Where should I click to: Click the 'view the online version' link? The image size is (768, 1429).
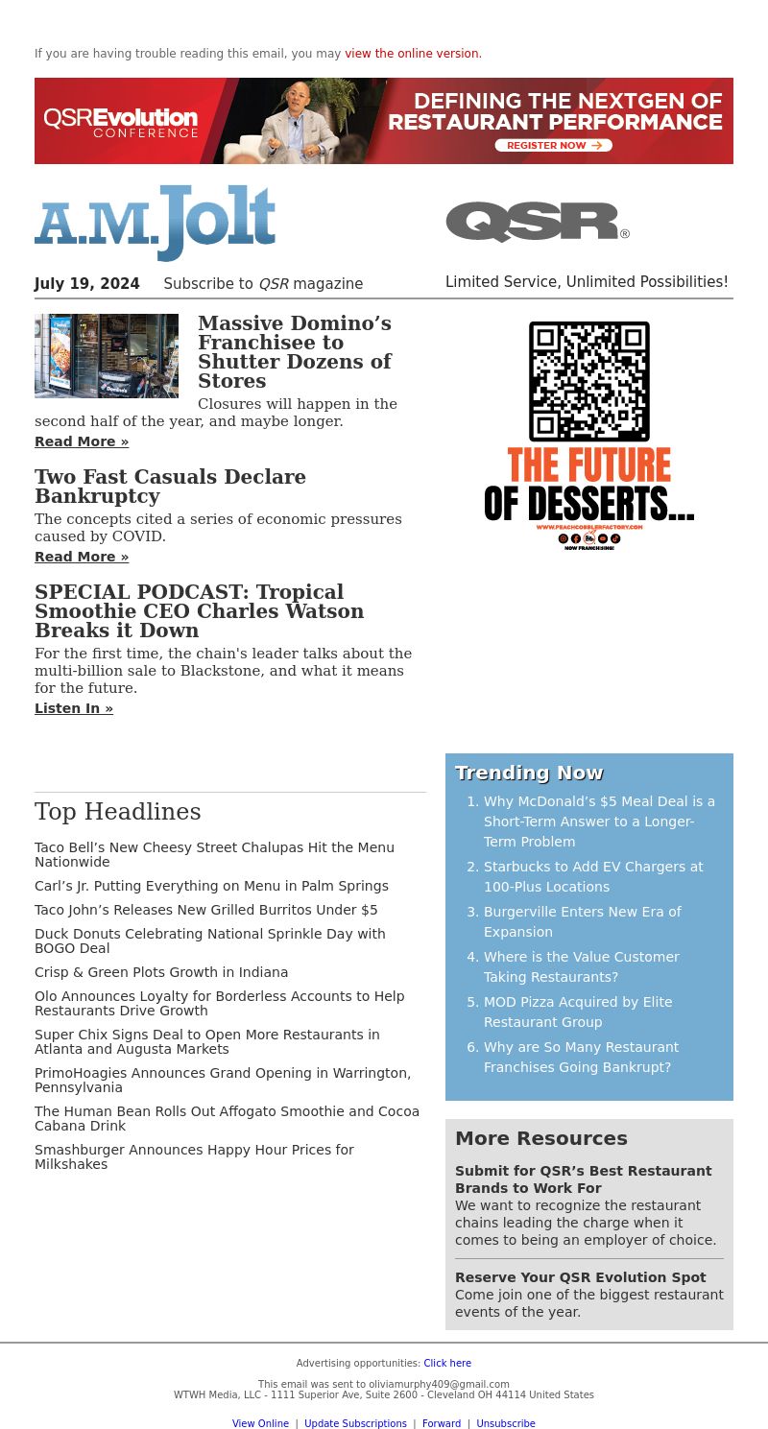click(x=413, y=54)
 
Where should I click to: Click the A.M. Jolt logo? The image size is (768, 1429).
click(x=156, y=223)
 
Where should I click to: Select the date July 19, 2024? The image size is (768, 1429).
click(x=87, y=284)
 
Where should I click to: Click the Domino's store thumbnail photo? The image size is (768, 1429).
click(x=107, y=356)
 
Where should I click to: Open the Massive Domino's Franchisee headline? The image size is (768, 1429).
click(x=295, y=352)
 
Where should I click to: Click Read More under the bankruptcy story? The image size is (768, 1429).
click(x=82, y=557)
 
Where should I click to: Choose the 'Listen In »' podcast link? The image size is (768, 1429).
click(x=74, y=708)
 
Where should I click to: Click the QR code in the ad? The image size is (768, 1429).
click(x=588, y=381)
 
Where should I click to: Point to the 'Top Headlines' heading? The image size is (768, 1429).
click(x=118, y=812)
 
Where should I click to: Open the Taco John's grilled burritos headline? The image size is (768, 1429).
click(x=206, y=910)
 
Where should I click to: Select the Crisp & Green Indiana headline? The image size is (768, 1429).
click(x=161, y=972)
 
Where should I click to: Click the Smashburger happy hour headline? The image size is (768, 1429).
click(x=194, y=1156)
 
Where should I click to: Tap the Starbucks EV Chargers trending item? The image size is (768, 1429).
click(x=592, y=876)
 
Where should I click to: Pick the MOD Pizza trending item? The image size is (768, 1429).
click(x=577, y=1012)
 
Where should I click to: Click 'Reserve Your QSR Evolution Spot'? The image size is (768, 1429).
click(x=580, y=1277)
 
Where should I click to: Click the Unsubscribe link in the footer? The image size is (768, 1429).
click(x=506, y=1423)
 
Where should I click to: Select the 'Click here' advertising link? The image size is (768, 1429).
click(x=447, y=1363)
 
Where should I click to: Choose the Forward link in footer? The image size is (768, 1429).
click(x=442, y=1423)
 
